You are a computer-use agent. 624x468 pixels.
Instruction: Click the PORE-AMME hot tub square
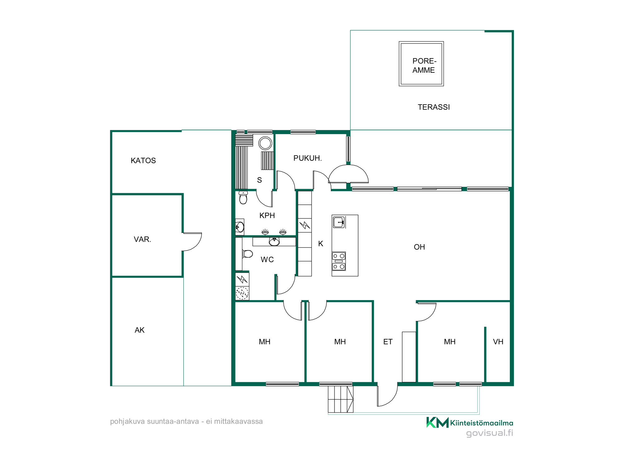[421, 64]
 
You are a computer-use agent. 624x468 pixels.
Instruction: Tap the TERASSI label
[434, 107]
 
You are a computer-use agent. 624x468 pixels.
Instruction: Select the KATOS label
[143, 160]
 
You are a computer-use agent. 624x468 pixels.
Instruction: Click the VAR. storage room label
[142, 239]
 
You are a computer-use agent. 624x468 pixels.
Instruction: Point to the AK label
[139, 330]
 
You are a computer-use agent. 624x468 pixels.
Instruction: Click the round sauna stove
[265, 144]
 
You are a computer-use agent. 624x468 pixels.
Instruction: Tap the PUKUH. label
[307, 158]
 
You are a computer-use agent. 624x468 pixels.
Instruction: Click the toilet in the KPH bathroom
[243, 197]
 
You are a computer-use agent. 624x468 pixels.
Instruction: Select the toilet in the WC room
[247, 254]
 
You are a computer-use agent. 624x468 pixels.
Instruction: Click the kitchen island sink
[339, 222]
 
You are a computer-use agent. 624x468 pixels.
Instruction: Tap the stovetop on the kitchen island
[339, 261]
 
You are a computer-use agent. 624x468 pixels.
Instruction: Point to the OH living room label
[419, 247]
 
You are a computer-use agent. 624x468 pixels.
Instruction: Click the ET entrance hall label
[388, 342]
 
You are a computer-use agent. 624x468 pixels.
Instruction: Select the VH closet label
[498, 342]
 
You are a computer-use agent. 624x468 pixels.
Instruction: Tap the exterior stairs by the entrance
[340, 399]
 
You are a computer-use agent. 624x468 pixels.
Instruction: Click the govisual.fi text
[490, 433]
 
